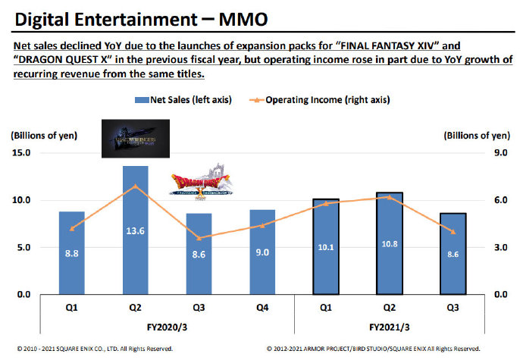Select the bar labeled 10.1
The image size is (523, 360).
pos(325,246)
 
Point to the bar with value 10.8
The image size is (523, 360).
pos(389,243)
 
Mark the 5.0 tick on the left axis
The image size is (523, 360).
pos(23,247)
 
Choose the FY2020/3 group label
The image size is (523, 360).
pos(167,329)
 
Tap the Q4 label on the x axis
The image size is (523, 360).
pos(261,310)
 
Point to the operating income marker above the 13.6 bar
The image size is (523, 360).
pos(135,186)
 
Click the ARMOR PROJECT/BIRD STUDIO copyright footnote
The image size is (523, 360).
pos(374,349)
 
